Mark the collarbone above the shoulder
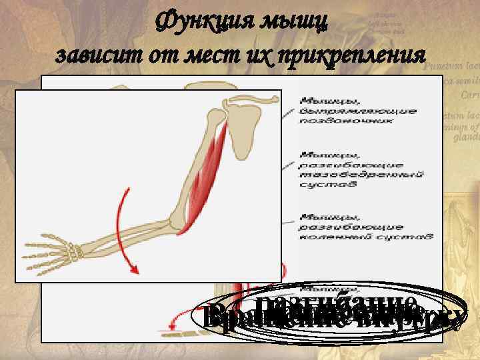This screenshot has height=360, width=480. tap(253, 101)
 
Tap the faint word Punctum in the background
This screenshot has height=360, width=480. tap(444, 67)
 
